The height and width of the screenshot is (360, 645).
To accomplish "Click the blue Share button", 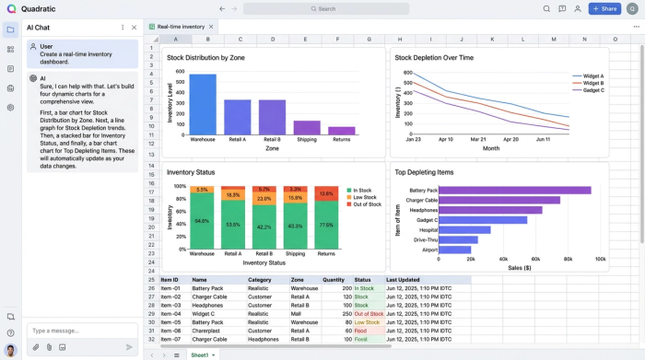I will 605,9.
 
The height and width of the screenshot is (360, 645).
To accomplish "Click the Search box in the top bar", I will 326,9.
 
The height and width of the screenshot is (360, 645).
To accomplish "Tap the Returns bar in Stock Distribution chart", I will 342,131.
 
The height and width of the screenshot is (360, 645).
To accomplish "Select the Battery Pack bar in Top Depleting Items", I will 516,190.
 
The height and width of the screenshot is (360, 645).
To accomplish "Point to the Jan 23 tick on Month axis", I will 413,140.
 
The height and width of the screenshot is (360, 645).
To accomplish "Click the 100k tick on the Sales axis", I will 601,259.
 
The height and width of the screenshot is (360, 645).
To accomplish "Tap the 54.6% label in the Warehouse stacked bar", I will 202,221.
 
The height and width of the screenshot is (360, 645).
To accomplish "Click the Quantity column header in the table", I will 334,280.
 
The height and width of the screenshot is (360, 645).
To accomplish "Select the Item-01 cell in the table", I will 171,288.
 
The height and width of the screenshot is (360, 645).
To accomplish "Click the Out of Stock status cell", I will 369,314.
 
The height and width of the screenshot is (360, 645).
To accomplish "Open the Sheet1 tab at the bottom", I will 200,354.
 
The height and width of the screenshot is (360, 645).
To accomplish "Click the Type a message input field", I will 78,331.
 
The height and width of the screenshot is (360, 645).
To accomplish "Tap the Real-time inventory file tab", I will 180,28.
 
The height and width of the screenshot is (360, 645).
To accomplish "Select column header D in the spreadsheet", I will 272,40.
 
